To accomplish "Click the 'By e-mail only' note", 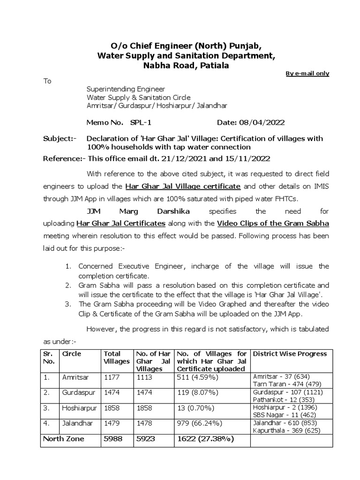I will point(307,74).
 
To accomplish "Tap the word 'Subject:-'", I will point(60,139).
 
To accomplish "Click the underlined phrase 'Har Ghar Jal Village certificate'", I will point(183,186).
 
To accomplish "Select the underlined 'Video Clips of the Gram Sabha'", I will point(273,224).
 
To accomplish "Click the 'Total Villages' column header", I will point(116,358).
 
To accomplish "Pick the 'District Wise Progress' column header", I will point(290,354).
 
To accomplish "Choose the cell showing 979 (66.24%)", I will point(198,423).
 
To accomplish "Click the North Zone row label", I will point(63,439).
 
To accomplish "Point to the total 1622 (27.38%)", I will point(205,439).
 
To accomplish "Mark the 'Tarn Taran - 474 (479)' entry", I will point(283,383).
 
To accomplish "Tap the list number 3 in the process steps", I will point(68,304).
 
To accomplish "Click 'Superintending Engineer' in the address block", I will point(126,89).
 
